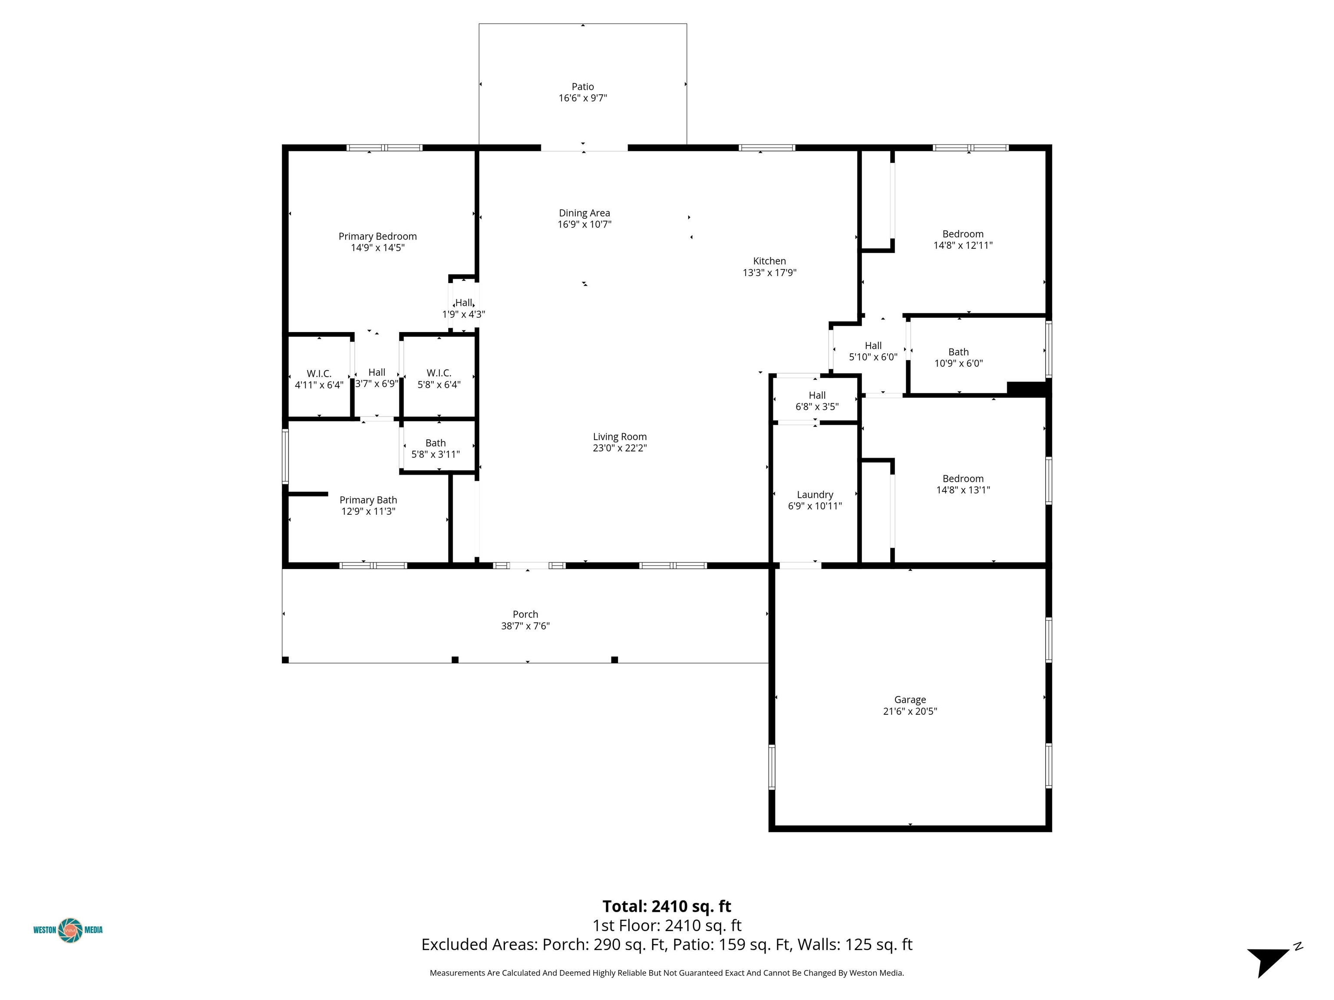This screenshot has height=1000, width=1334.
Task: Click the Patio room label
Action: tap(583, 87)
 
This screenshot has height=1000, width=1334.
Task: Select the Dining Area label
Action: tap(584, 213)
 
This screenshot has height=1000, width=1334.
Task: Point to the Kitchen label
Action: tap(769, 261)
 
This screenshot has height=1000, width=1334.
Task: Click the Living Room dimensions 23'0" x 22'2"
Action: tap(619, 448)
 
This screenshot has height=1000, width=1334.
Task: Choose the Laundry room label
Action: tap(815, 494)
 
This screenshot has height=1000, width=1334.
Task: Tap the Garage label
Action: tap(909, 700)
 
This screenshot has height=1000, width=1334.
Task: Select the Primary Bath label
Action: tap(368, 500)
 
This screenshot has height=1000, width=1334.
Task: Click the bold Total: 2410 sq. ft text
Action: tap(667, 906)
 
